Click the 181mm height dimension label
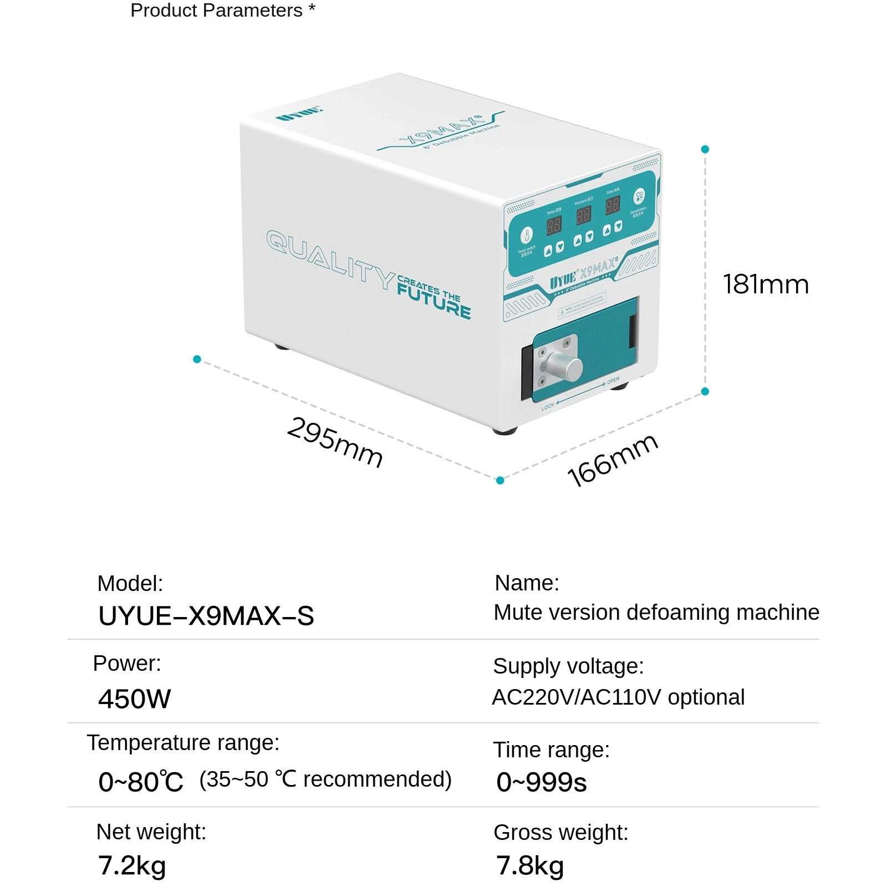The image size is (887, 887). pyautogui.click(x=766, y=285)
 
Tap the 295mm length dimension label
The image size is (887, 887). pyautogui.click(x=335, y=442)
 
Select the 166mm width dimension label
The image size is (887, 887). pyautogui.click(x=613, y=460)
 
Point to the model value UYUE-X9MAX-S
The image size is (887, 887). pyautogui.click(x=206, y=616)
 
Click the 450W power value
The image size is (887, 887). pyautogui.click(x=135, y=699)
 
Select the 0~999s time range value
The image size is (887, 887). pyautogui.click(x=541, y=782)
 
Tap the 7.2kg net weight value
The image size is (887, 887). pyautogui.click(x=132, y=865)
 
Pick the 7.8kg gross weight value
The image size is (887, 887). pyautogui.click(x=529, y=865)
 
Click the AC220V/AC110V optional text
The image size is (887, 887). pyautogui.click(x=618, y=697)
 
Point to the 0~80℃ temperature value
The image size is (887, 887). pyautogui.click(x=141, y=782)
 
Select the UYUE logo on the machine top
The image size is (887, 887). pyautogui.click(x=299, y=114)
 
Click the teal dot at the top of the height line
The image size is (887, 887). pyautogui.click(x=705, y=149)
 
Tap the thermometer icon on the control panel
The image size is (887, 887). pyautogui.click(x=527, y=235)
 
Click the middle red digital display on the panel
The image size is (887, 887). pyautogui.click(x=583, y=215)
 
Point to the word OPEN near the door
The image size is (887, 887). pyautogui.click(x=613, y=381)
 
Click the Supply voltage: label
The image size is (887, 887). pyautogui.click(x=568, y=666)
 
